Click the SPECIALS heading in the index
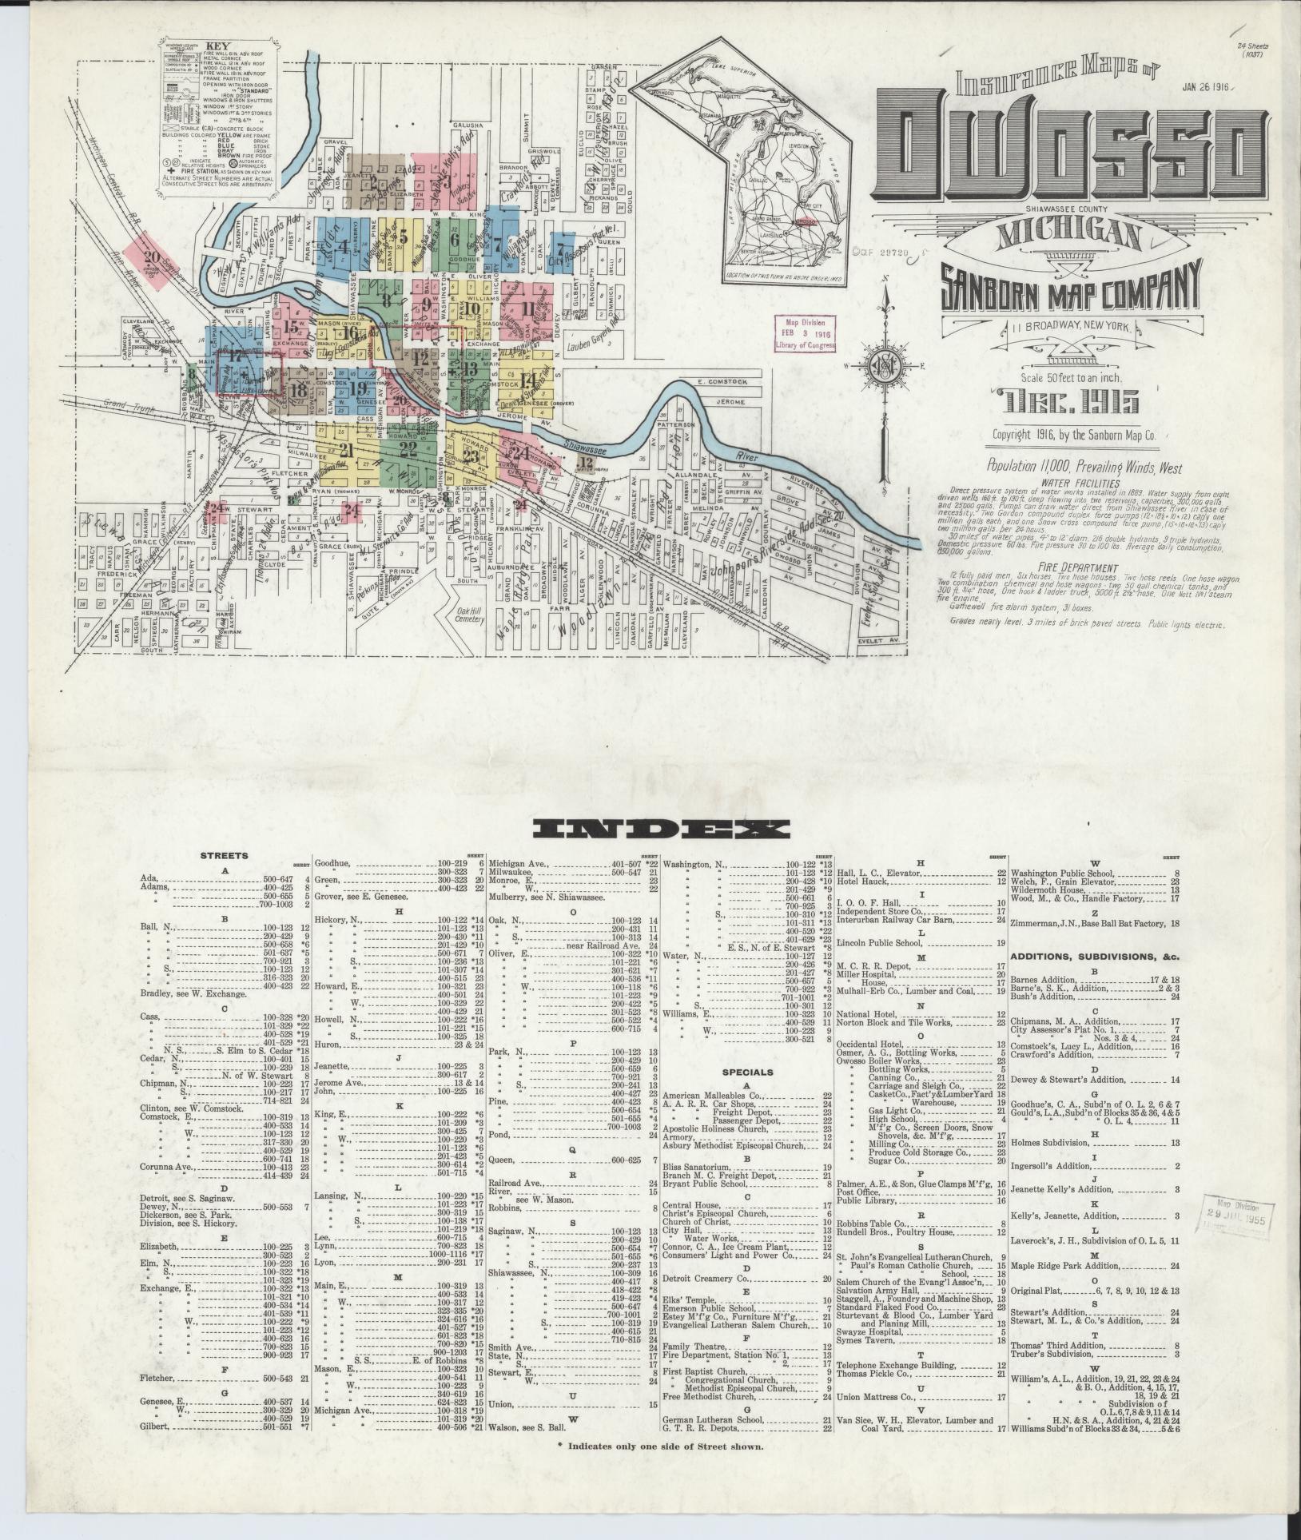coord(746,1072)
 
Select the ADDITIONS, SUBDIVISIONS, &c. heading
coord(1095,956)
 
